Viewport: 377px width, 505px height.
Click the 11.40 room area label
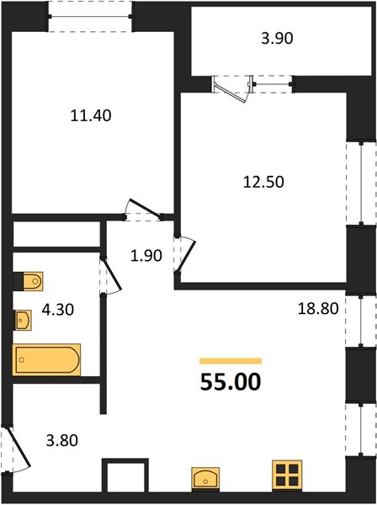91,115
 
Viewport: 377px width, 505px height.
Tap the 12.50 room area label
263,182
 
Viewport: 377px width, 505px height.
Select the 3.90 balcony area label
277,39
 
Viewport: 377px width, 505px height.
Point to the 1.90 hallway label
146,256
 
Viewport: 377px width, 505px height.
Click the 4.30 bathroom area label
58,310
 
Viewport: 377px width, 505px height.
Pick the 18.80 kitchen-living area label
318,309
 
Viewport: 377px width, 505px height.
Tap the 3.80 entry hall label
61,440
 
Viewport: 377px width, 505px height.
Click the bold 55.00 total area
231,382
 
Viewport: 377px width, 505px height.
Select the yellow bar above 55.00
231,361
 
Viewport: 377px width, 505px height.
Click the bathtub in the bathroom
46,359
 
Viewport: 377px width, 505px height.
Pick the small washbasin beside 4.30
23,320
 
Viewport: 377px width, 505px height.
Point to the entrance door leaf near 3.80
18,446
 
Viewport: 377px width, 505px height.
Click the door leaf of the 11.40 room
145,208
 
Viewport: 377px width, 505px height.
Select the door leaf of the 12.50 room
187,257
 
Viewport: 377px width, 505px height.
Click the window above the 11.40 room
90,17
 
